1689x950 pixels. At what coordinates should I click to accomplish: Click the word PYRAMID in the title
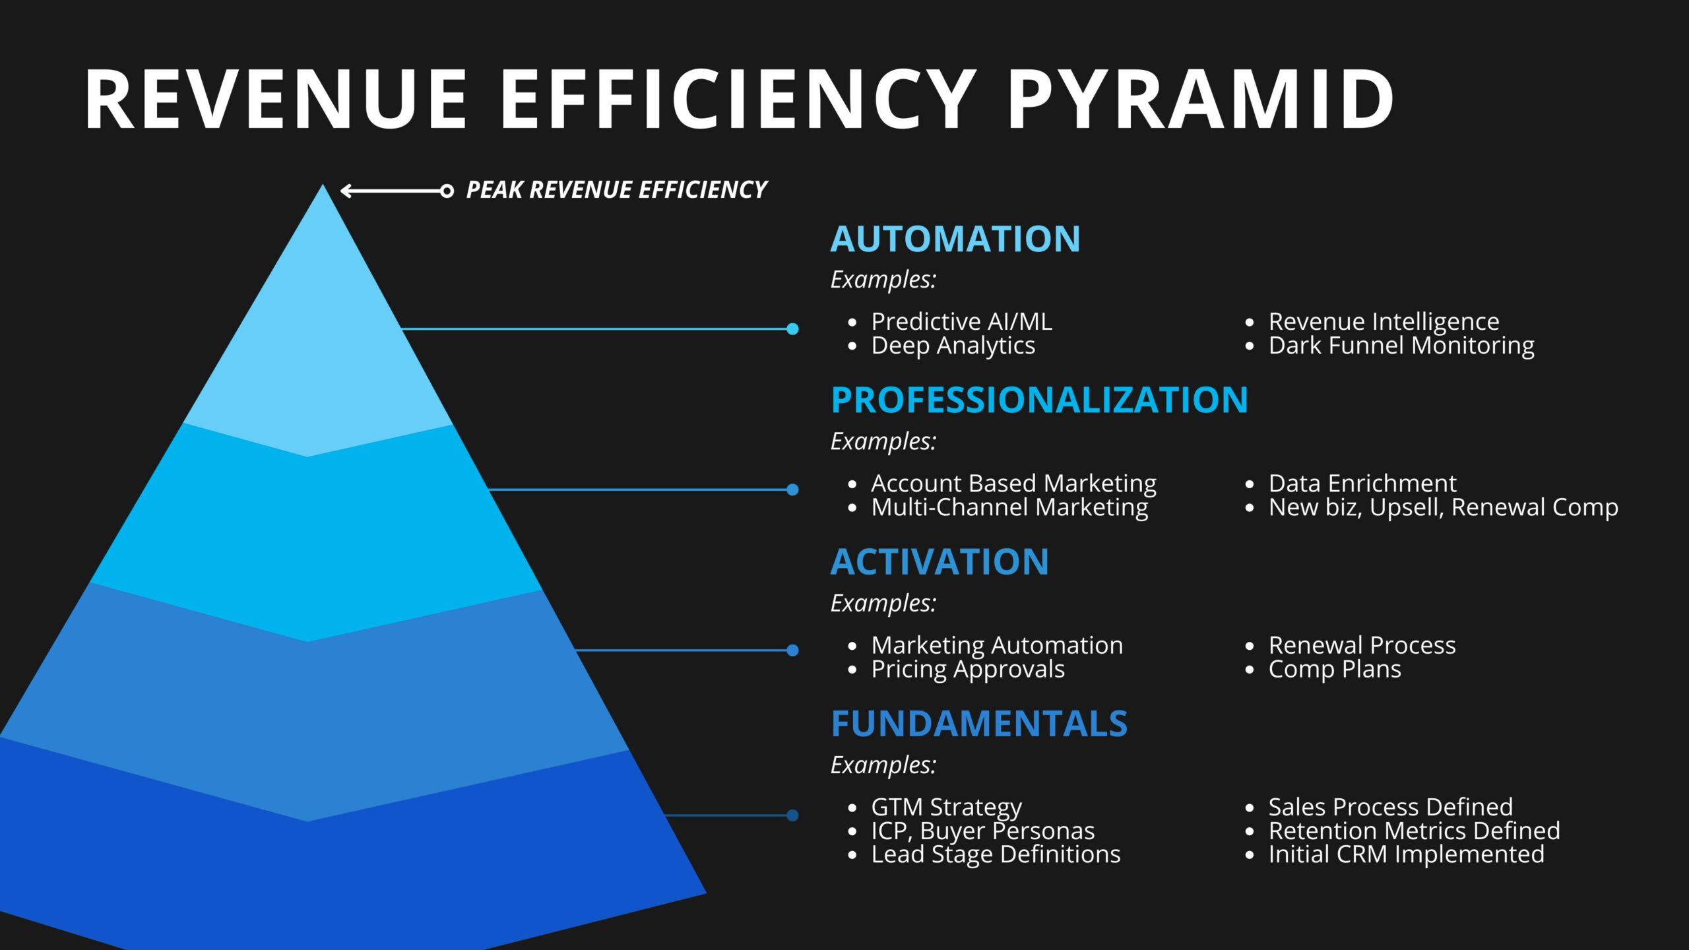(1200, 100)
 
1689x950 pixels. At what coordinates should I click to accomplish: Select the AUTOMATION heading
(955, 239)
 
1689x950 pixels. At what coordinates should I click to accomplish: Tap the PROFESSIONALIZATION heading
(1039, 400)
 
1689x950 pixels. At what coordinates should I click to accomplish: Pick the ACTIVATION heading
(940, 562)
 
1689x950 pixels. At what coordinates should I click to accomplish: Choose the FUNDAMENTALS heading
(979, 724)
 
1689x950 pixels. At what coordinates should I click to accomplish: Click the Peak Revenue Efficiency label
(616, 190)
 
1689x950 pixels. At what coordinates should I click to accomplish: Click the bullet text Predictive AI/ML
(961, 322)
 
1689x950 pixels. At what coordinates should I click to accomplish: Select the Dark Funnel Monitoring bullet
(1401, 346)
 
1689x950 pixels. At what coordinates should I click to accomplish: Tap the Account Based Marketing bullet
(1013, 484)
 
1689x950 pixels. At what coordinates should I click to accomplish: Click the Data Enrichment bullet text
(1362, 484)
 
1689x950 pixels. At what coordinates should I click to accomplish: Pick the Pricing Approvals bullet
(968, 670)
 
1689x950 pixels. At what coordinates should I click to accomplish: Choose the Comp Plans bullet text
(1335, 670)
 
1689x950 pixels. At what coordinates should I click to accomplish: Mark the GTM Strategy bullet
(946, 807)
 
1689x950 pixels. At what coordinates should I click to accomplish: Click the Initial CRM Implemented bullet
(1406, 854)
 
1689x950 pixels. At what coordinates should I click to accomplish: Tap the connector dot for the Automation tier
(792, 329)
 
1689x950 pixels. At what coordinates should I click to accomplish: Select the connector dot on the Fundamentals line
(792, 815)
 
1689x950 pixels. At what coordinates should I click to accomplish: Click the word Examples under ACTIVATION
(883, 603)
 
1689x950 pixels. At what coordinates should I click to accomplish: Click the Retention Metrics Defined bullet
(1414, 831)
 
